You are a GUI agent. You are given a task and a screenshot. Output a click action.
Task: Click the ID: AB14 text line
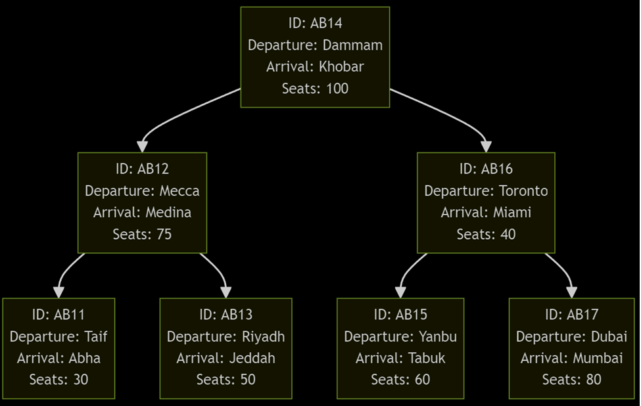tap(315, 24)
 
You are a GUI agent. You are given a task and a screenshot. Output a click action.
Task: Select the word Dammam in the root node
tap(352, 45)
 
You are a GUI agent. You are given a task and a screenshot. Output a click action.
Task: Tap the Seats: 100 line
tap(315, 88)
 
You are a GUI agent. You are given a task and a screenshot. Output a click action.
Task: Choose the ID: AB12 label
tap(142, 169)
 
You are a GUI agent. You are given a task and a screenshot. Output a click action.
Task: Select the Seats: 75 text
tap(142, 234)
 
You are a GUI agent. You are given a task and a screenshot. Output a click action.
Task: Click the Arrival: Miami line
tap(486, 212)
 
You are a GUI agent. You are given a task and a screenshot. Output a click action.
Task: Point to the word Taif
tap(95, 336)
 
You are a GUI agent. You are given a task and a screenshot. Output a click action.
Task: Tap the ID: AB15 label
tap(400, 315)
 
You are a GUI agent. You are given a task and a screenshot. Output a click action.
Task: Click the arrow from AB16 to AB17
tap(563, 272)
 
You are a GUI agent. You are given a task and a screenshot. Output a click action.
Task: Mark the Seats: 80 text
tap(571, 379)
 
